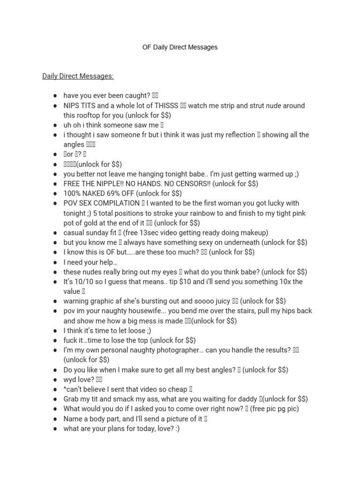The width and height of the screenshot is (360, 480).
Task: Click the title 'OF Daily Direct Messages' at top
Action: click(180, 47)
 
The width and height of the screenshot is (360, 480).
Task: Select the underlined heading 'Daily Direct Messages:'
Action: click(78, 76)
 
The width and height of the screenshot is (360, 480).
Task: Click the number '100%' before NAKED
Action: click(72, 194)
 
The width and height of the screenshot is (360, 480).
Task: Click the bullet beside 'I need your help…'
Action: click(55, 262)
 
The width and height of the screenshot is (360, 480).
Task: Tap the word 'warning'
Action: click(77, 301)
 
